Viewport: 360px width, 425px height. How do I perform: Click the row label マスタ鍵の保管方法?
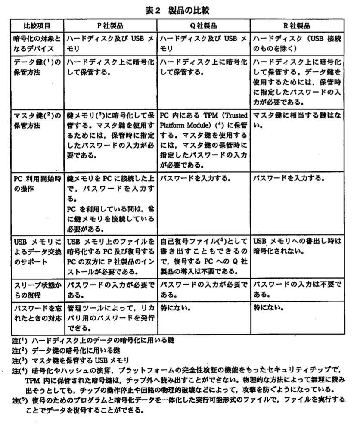37,121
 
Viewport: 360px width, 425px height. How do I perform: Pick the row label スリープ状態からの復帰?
37,289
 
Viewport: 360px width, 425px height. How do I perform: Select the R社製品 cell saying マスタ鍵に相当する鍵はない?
297,121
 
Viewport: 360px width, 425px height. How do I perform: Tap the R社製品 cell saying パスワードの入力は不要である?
297,289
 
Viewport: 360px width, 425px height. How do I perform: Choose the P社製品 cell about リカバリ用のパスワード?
110,318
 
